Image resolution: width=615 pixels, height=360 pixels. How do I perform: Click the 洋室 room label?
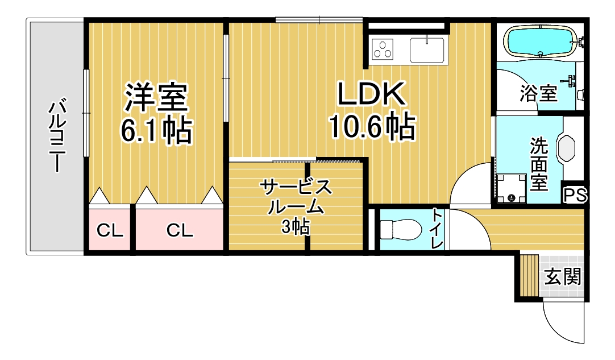coord(156,97)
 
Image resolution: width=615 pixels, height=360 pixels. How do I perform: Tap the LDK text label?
coord(371,94)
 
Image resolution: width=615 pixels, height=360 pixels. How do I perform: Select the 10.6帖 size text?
coord(371,126)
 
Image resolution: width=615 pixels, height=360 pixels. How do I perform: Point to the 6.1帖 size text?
coord(156,130)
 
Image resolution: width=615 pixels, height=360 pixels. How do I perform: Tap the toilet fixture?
coord(401,229)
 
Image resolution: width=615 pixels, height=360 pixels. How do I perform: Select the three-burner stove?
coord(383,49)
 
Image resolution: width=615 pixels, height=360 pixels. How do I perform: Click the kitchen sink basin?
coord(427,50)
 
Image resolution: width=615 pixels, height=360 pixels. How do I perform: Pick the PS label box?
coord(575,195)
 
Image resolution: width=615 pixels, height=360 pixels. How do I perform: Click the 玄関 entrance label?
coord(563,277)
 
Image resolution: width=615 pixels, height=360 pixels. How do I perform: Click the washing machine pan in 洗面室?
coord(512,188)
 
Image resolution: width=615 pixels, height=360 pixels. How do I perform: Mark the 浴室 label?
coord(538,93)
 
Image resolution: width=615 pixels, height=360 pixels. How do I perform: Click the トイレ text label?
coord(437,229)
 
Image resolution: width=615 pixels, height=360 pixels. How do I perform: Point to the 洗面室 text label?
coord(539,164)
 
